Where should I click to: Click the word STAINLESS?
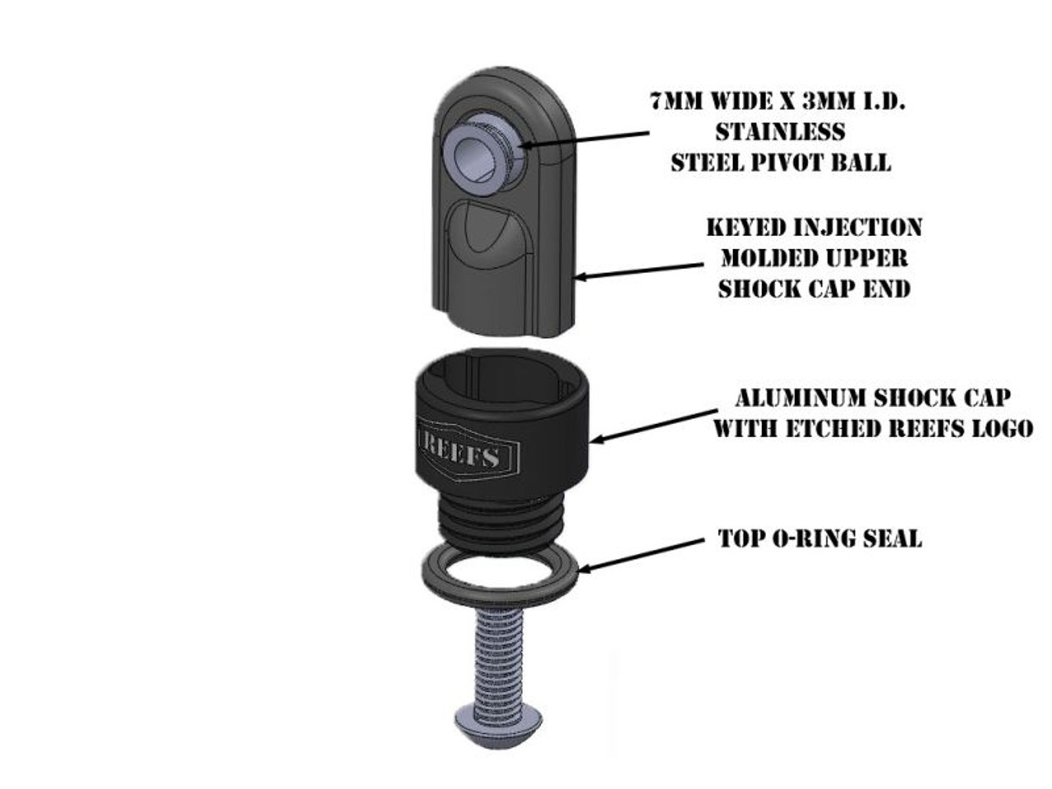click(780, 131)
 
